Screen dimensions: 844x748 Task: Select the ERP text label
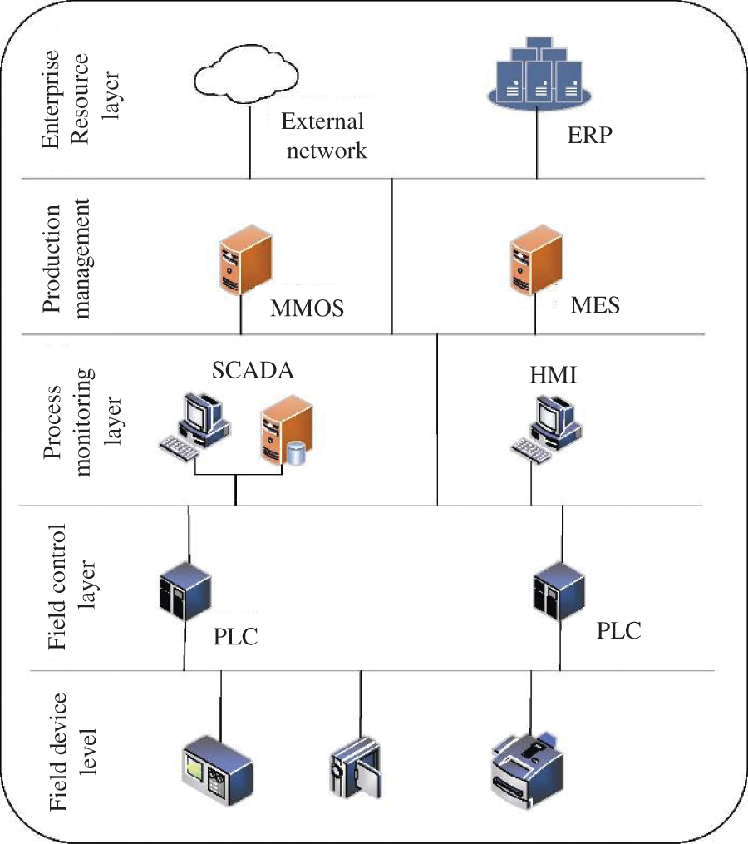point(586,135)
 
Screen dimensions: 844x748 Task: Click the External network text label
point(322,136)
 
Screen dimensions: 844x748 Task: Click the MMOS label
point(307,309)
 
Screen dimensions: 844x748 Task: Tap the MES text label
point(595,305)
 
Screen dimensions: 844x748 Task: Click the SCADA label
point(253,371)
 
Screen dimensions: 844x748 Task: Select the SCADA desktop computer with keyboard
point(195,425)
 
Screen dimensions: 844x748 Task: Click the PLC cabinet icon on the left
point(184,591)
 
